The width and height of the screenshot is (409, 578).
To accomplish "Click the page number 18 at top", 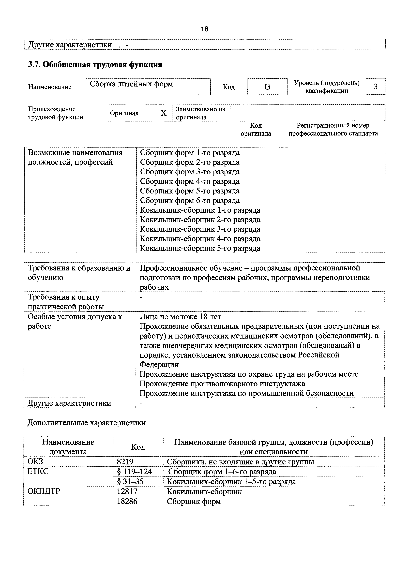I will pos(204,29).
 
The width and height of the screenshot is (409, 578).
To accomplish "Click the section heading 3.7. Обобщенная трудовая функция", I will pos(95,65).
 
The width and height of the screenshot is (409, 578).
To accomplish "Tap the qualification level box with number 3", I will pos(375,87).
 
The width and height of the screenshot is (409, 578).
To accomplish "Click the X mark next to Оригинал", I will pos(164,113).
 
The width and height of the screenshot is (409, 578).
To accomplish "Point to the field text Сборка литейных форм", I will pos(131,84).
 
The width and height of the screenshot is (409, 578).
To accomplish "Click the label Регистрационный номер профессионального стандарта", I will pos(333,129).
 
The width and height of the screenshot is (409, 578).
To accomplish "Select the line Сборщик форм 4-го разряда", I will pos(190,181).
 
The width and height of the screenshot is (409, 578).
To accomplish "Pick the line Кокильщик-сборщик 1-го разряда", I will pos(200,210).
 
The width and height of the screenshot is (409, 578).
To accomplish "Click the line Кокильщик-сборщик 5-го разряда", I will pos(200,248).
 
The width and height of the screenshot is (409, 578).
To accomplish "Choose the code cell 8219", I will pos(125,461).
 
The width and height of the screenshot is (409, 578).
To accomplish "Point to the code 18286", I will pos(127,501).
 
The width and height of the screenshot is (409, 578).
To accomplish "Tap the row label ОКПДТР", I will pos(44,491).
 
